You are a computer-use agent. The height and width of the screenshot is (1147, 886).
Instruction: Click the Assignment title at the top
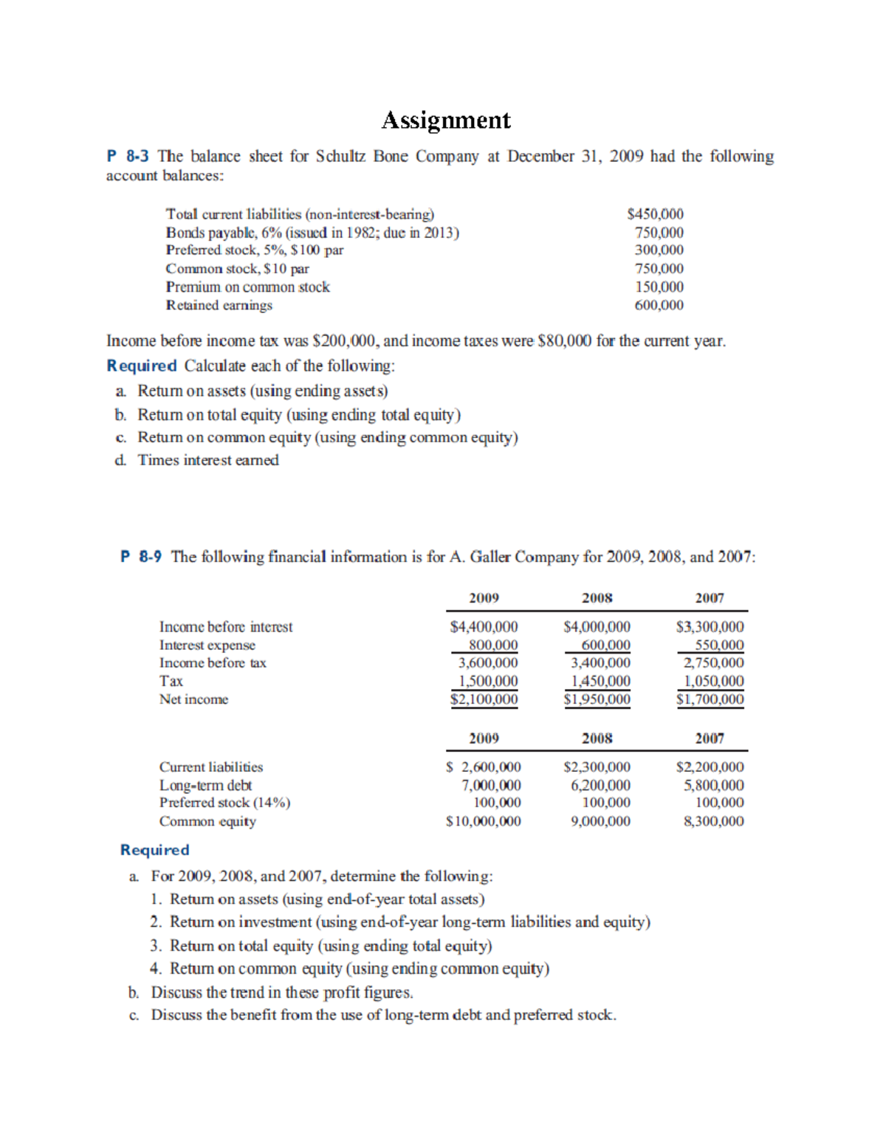[x=445, y=120]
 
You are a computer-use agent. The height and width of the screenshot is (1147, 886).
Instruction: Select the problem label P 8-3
[x=128, y=157]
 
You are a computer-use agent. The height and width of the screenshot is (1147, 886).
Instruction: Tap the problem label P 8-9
[x=141, y=557]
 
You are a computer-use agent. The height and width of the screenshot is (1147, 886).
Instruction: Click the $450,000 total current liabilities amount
[x=655, y=214]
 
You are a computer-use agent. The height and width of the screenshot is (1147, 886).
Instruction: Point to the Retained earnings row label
[x=219, y=305]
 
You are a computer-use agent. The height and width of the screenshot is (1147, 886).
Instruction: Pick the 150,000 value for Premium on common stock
[x=659, y=287]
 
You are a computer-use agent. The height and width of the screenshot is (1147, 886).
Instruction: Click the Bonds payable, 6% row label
[x=312, y=233]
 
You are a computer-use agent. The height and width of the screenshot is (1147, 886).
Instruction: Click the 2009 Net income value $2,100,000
[x=484, y=699]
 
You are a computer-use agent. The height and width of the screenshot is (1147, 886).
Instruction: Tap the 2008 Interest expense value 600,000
[x=605, y=645]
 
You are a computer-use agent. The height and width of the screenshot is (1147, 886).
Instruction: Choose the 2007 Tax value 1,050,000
[x=713, y=681]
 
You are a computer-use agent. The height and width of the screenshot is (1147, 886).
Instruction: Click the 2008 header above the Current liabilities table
[x=597, y=738]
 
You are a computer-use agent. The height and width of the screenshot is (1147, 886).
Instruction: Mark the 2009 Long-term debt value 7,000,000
[x=491, y=785]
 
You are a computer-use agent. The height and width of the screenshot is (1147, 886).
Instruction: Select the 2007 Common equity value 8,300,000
[x=713, y=821]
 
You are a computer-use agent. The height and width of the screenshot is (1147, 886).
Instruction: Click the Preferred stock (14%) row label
[x=224, y=803]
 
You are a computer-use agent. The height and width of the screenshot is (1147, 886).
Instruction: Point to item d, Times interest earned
[x=207, y=460]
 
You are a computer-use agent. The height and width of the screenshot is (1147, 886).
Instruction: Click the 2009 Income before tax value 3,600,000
[x=488, y=663]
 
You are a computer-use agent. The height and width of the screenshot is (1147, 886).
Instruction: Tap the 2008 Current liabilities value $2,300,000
[x=597, y=767]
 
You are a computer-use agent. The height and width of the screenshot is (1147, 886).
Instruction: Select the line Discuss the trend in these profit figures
[x=282, y=992]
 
